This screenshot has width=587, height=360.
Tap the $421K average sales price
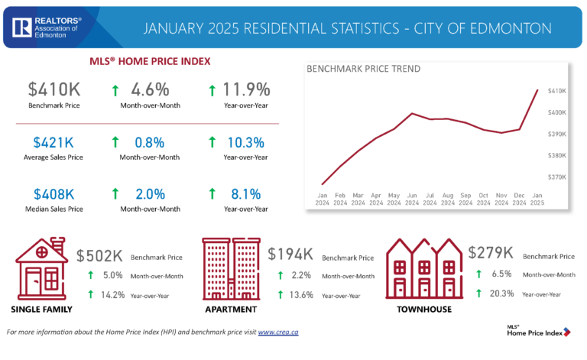[54, 141]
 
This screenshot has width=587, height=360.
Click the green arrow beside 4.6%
[115, 90]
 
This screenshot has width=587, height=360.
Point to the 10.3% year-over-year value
[246, 141]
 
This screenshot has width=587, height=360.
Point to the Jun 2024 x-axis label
[412, 199]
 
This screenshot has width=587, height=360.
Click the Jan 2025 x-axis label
[537, 199]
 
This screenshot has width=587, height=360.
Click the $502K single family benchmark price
[100, 255]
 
